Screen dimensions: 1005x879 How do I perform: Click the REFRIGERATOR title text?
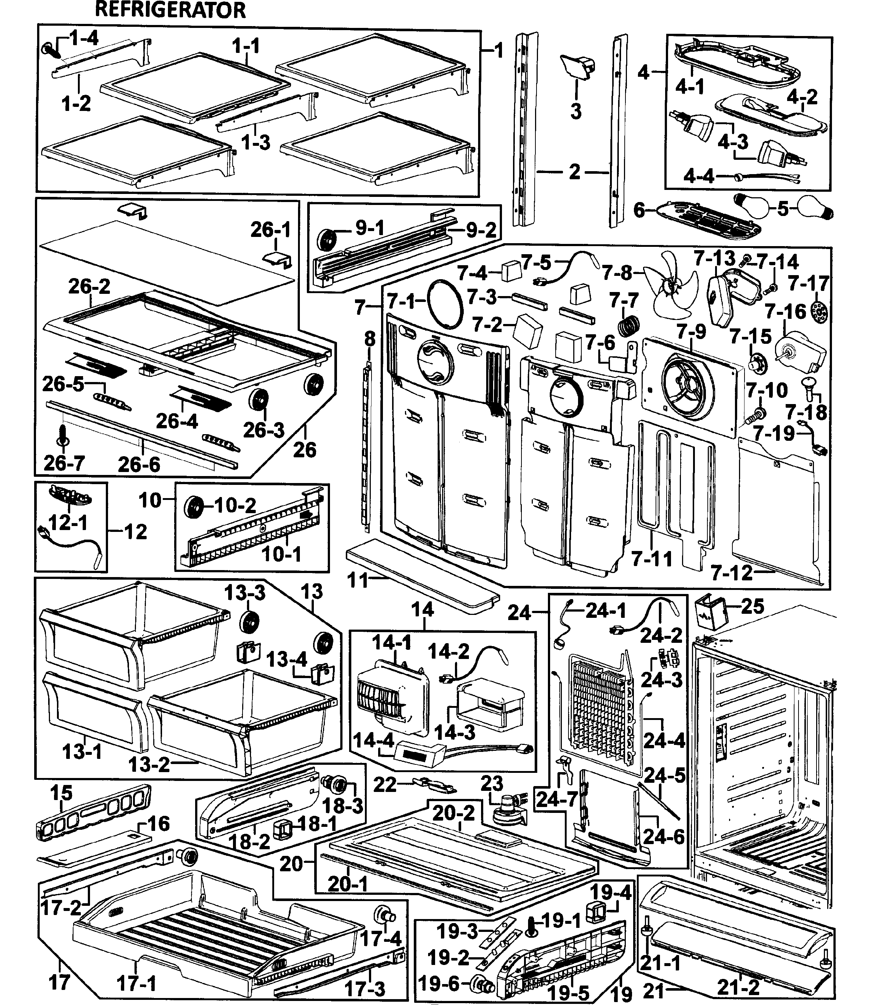(x=170, y=10)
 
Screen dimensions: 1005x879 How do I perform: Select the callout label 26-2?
(x=89, y=286)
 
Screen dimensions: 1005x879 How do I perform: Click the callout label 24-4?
(x=664, y=740)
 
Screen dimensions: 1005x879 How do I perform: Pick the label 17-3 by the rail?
(x=365, y=989)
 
